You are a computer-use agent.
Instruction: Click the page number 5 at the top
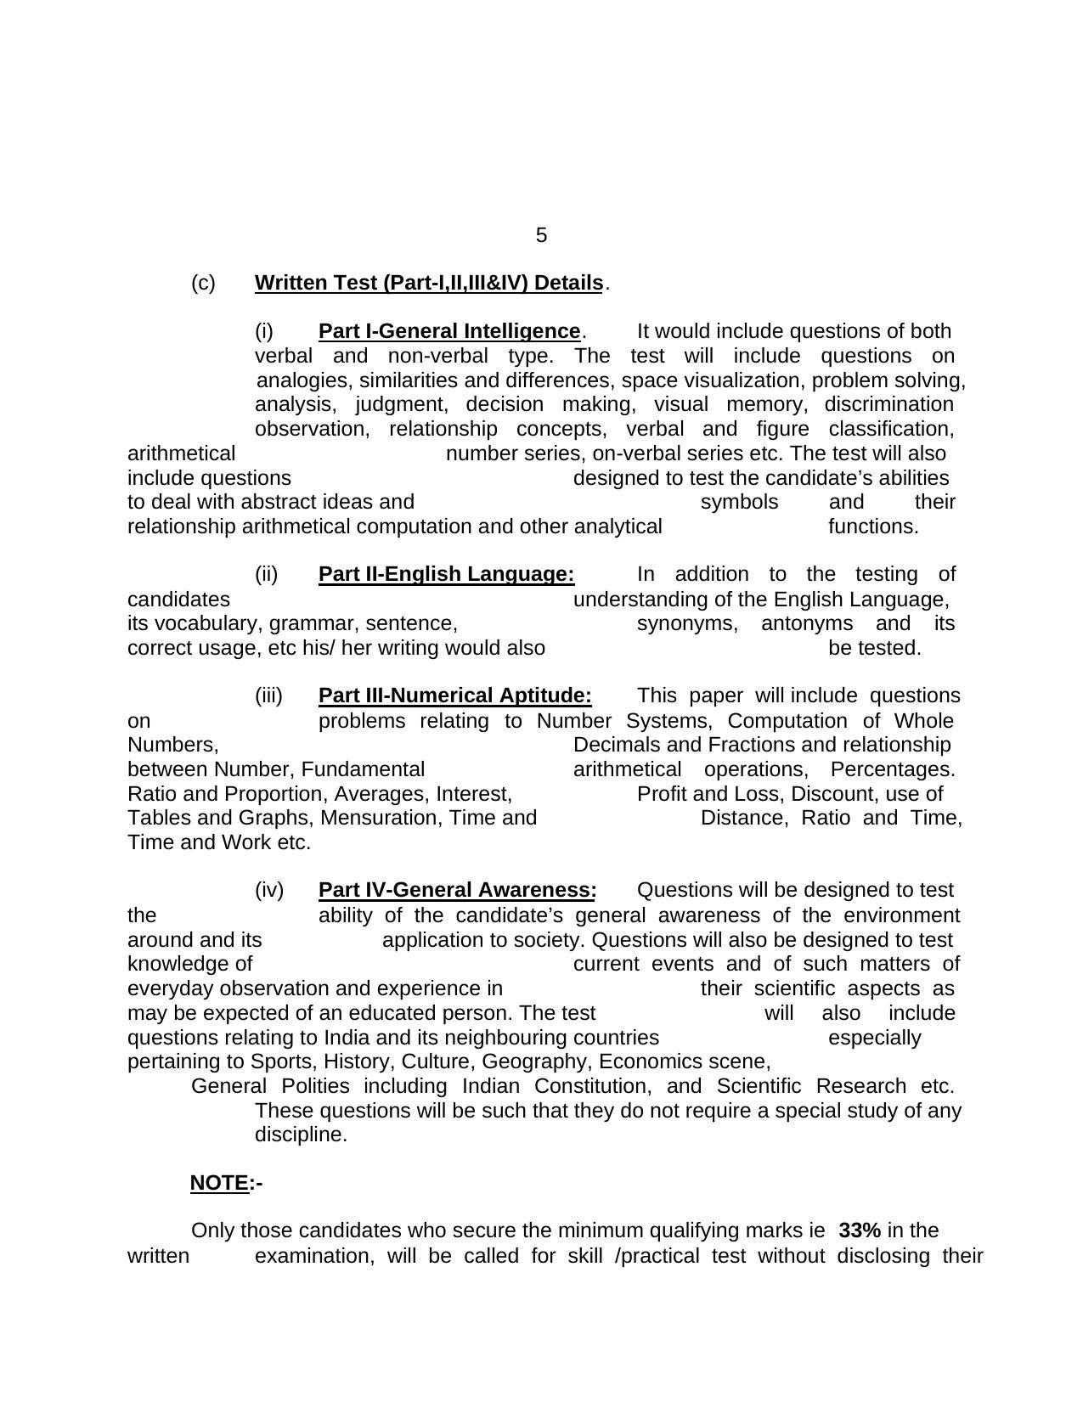tap(541, 235)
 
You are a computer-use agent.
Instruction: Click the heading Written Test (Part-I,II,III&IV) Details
tap(429, 283)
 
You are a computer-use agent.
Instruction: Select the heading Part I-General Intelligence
tap(449, 331)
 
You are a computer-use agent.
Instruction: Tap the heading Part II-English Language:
tap(446, 575)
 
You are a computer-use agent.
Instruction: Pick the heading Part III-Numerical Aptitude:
tap(454, 696)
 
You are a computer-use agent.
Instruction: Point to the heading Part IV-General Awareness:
tap(457, 891)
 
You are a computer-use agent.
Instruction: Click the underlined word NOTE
tap(220, 1184)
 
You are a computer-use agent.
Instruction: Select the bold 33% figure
tap(859, 1231)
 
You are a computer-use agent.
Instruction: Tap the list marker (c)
tap(203, 283)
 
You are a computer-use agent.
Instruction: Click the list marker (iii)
tap(268, 696)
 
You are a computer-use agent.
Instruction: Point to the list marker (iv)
tap(269, 891)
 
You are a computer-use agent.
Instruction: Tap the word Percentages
tap(893, 770)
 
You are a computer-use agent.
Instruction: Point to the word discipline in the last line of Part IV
tap(301, 1135)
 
